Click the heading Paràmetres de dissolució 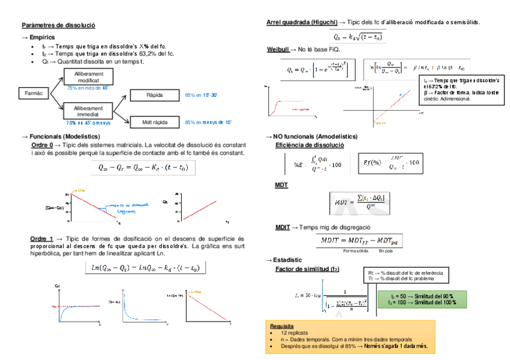pyautogui.click(x=58, y=25)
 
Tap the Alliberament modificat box pyautogui.click(x=88, y=76)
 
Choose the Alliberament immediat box pyautogui.click(x=88, y=111)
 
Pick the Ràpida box pyautogui.click(x=155, y=96)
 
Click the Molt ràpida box pyautogui.click(x=155, y=122)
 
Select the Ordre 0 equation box pyautogui.click(x=143, y=168)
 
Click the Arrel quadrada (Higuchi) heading pyautogui.click(x=302, y=22)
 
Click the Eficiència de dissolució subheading pyautogui.click(x=310, y=145)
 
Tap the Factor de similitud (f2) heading pyautogui.click(x=307, y=269)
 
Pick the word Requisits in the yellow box pyautogui.click(x=283, y=326)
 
